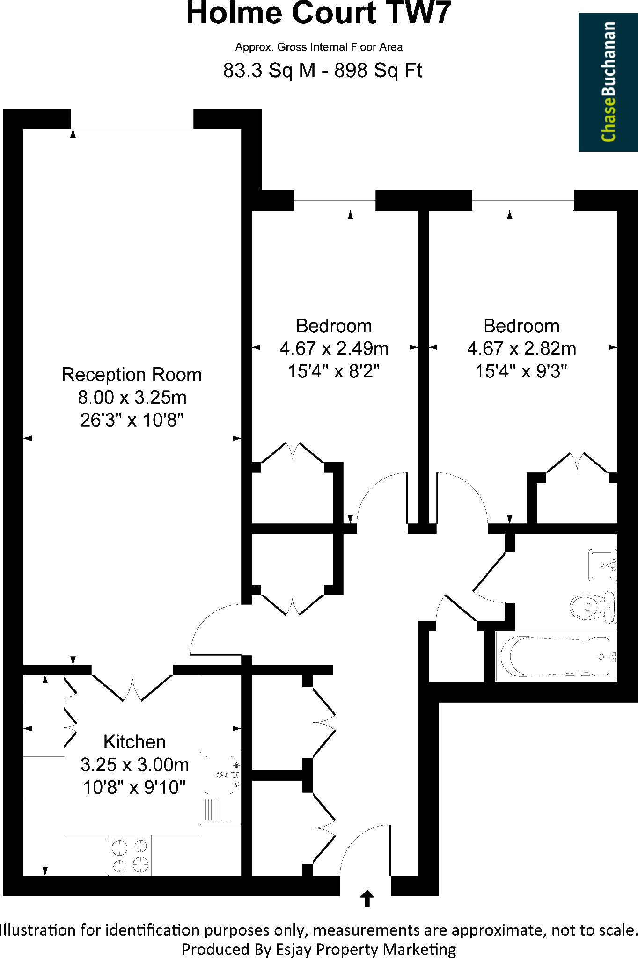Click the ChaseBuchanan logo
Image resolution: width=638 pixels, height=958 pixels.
608,82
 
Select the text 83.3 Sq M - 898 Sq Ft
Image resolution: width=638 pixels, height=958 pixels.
323,71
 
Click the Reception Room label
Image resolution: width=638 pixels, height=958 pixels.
132,375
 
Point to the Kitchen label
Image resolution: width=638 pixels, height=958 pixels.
134,742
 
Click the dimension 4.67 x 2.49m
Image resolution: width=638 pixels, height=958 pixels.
334,348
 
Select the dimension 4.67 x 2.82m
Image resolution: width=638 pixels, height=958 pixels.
521,348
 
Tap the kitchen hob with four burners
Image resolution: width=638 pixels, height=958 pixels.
130,855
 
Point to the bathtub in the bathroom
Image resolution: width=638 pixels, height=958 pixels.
556,656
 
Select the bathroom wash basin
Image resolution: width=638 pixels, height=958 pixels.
602,565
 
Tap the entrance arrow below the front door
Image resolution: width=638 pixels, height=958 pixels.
367,898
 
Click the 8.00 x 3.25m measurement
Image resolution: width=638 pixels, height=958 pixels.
132,398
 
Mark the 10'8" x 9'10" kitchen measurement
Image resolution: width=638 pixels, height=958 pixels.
134,787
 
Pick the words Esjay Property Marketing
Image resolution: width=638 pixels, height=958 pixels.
366,949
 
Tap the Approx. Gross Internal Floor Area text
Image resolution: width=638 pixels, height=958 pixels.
319,47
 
